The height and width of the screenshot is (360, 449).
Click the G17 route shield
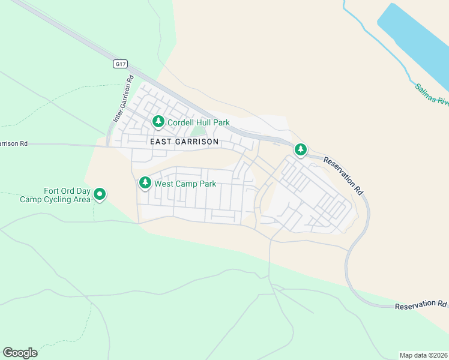coord(121,63)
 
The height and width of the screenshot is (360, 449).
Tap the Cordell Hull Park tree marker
coord(158,122)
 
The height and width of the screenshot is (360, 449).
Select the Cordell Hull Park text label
coord(199,122)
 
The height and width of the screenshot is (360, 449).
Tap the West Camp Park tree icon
coord(145,183)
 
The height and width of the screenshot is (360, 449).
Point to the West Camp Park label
coord(185,184)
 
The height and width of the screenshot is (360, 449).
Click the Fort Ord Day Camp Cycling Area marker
coord(100,194)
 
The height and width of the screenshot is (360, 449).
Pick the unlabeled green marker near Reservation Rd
coord(300,149)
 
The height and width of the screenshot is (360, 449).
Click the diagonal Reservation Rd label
coord(344,175)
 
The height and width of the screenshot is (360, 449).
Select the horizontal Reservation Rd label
coord(421,305)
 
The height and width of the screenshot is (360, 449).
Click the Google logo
coord(20,353)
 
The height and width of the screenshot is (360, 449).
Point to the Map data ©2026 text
coord(424,355)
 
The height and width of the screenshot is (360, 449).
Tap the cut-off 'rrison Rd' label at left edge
coord(14,143)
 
